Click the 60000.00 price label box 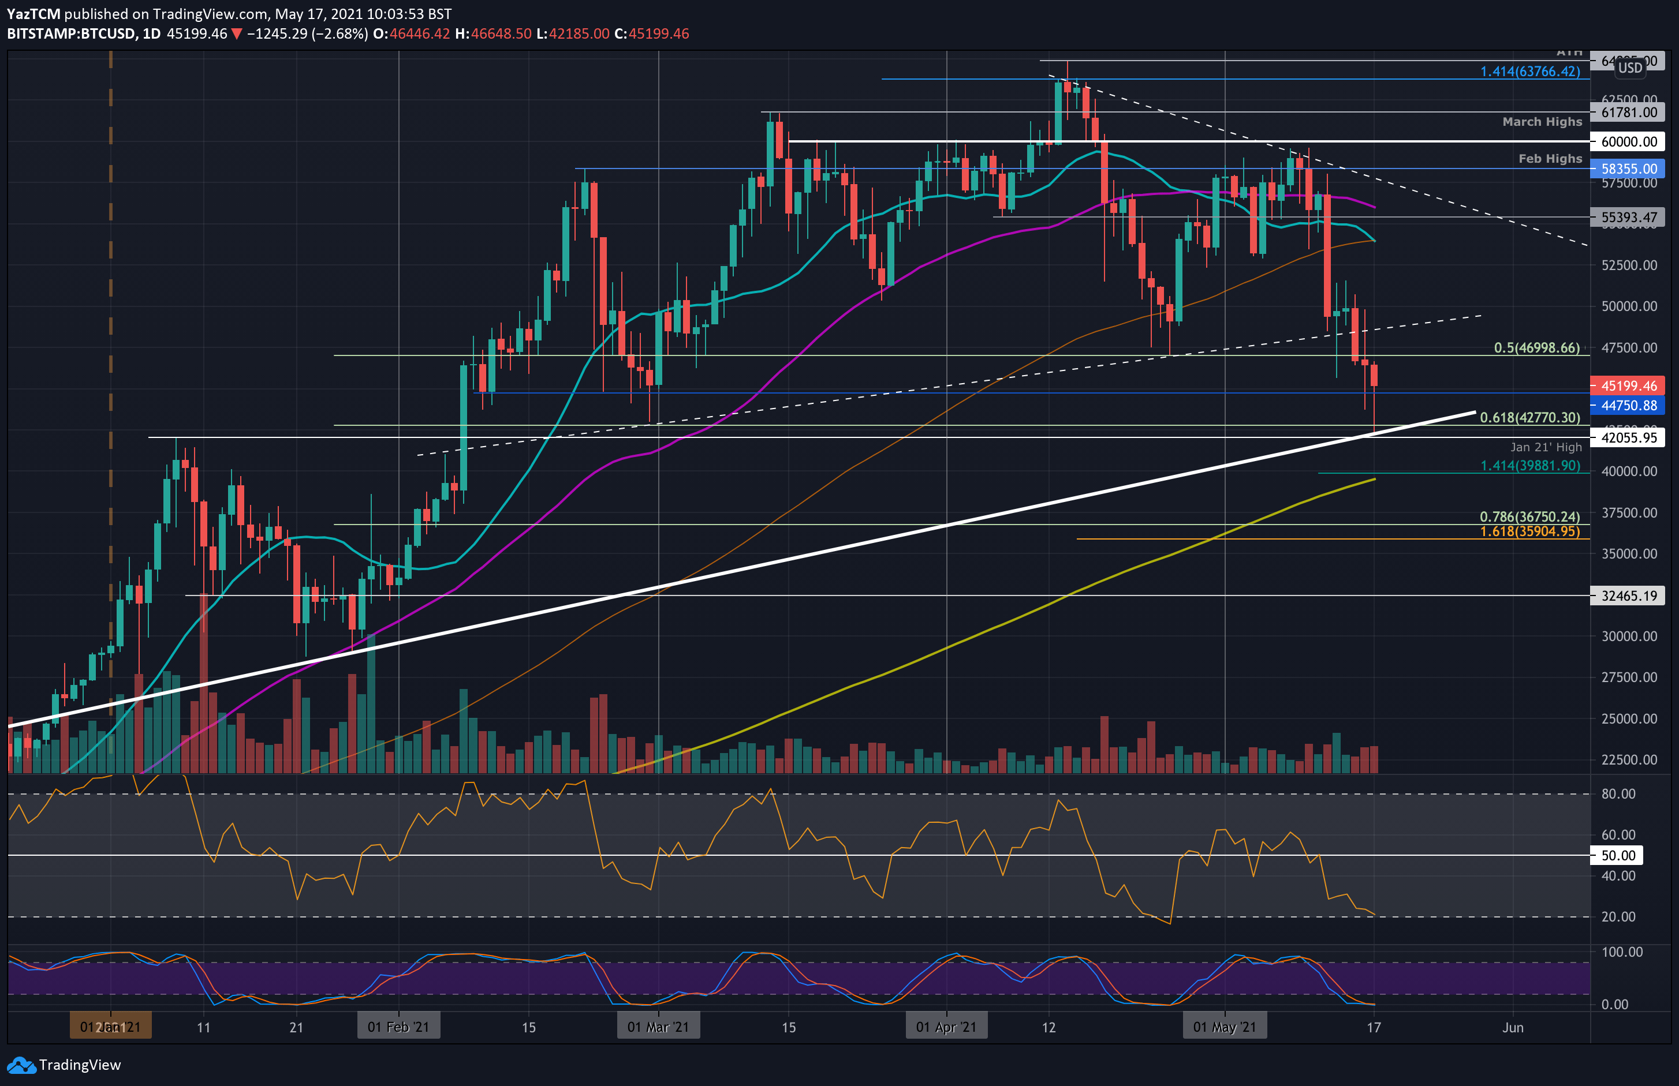click(1628, 142)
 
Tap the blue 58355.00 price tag click(1628, 168)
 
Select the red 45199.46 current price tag click(1628, 385)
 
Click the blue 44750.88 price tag click(1628, 406)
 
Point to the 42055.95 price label click(1628, 438)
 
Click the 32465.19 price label click(1628, 596)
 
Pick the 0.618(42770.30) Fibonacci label click(1529, 417)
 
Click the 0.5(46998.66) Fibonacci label click(1536, 347)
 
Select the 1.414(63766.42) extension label click(1529, 71)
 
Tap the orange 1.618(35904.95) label click(1529, 531)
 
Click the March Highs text click(1542, 122)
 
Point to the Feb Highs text click(1550, 159)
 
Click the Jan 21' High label click(1546, 447)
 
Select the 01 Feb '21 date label click(398, 1027)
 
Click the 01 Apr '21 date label click(946, 1027)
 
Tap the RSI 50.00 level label click(1618, 855)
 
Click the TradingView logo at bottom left click(64, 1065)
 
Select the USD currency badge click(1629, 68)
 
